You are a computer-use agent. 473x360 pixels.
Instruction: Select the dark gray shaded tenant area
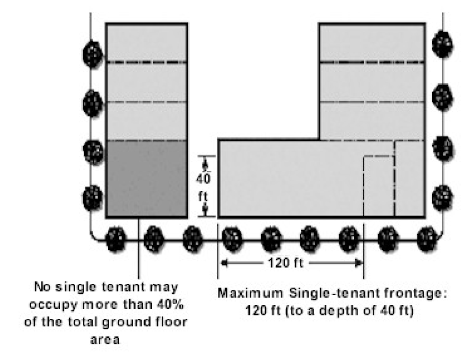[146, 179]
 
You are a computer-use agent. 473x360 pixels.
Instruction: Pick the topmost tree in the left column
[93, 54]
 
